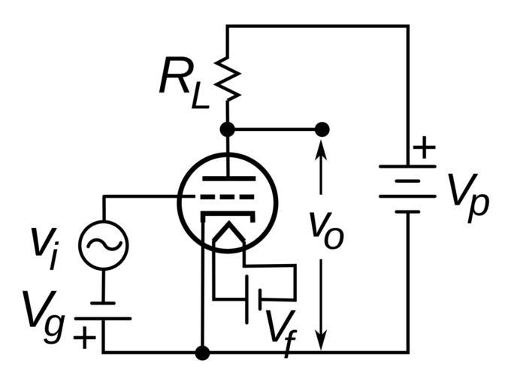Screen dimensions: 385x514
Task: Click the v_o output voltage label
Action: click(x=325, y=227)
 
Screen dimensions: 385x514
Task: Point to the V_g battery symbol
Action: click(x=103, y=310)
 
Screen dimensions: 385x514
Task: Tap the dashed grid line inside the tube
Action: click(x=225, y=196)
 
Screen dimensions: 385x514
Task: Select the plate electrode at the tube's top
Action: click(x=227, y=177)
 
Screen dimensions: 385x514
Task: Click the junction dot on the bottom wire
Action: click(x=202, y=352)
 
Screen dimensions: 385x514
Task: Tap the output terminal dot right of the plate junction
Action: click(x=322, y=129)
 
